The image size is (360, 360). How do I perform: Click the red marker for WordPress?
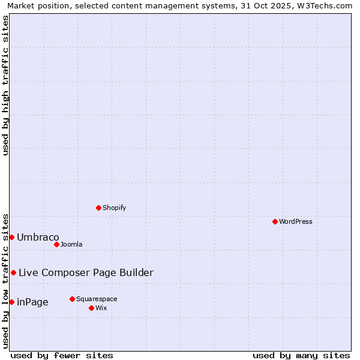[x=275, y=221]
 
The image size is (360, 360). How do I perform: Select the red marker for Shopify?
[x=98, y=208]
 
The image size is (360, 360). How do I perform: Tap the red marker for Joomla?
[x=56, y=244]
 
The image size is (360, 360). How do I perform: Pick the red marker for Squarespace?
[x=72, y=299]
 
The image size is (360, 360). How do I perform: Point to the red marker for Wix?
[x=91, y=308]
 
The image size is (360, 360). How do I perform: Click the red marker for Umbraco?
[x=11, y=237]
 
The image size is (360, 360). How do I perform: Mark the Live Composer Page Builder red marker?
[x=13, y=272]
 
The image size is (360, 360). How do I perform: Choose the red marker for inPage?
[x=11, y=302]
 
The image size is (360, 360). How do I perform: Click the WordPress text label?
[x=296, y=221]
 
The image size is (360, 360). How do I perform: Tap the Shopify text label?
[x=114, y=208]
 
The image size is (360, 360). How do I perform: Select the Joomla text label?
[x=71, y=244]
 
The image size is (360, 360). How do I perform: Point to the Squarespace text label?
[x=97, y=299]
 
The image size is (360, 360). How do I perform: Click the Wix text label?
[x=101, y=308]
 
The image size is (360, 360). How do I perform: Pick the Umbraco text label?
[x=38, y=237]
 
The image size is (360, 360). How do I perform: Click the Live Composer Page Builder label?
[x=86, y=272]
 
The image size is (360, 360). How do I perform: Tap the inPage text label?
[x=32, y=302]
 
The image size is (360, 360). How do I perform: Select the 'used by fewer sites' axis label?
[x=62, y=355]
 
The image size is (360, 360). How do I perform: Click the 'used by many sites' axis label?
[x=301, y=355]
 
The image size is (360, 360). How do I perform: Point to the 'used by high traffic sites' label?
[x=5, y=85]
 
